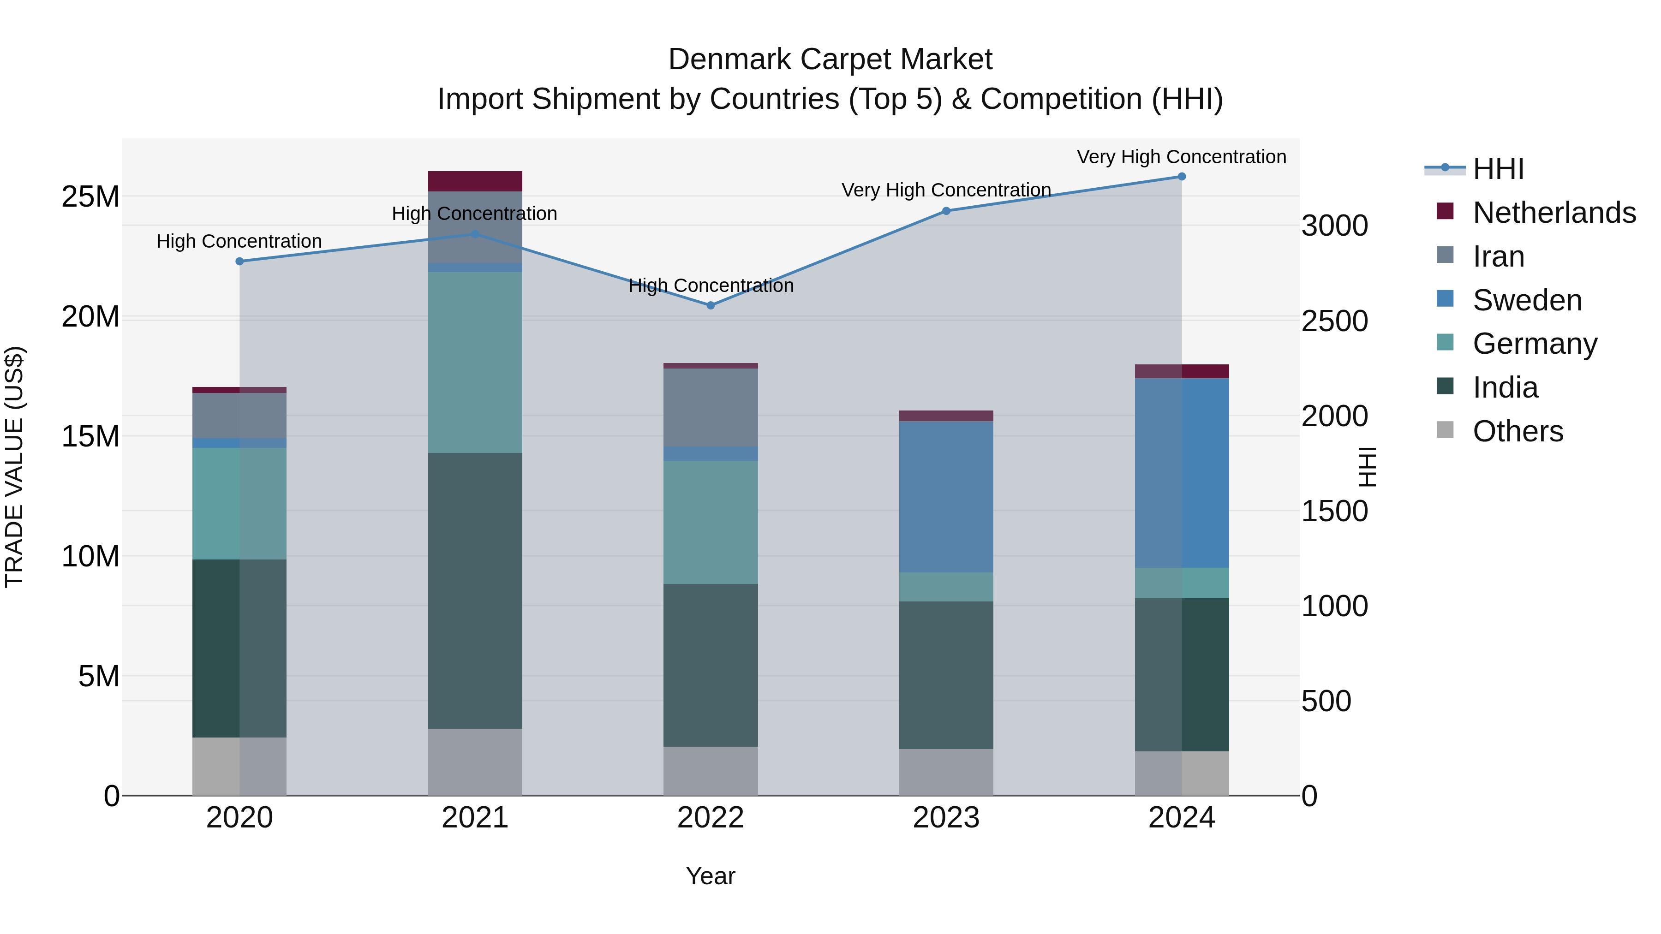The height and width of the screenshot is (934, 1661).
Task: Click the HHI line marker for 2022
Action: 711,305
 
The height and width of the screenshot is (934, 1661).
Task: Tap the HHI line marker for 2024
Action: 1181,177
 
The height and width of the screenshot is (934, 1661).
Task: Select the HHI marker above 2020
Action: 239,261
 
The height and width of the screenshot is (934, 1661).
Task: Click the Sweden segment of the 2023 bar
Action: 946,496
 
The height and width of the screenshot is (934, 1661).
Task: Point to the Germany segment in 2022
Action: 711,522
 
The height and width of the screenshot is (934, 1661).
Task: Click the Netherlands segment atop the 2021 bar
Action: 475,181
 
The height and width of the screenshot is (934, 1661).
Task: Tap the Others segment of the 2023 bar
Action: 946,772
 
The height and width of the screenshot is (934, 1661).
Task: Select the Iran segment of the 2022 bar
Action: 711,407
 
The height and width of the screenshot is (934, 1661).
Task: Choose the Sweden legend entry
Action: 1527,300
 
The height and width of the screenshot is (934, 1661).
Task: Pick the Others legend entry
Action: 1518,431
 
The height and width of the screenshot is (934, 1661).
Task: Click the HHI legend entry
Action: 1498,169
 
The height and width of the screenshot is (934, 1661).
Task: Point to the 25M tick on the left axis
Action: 90,196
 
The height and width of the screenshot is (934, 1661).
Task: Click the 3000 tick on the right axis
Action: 1334,226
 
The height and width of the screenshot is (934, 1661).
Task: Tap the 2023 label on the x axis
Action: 946,818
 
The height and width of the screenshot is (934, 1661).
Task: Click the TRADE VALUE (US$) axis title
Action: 14,467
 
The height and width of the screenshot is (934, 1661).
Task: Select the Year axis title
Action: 711,876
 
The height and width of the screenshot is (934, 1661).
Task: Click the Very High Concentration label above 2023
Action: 946,190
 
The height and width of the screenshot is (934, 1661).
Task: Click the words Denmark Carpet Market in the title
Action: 830,59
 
